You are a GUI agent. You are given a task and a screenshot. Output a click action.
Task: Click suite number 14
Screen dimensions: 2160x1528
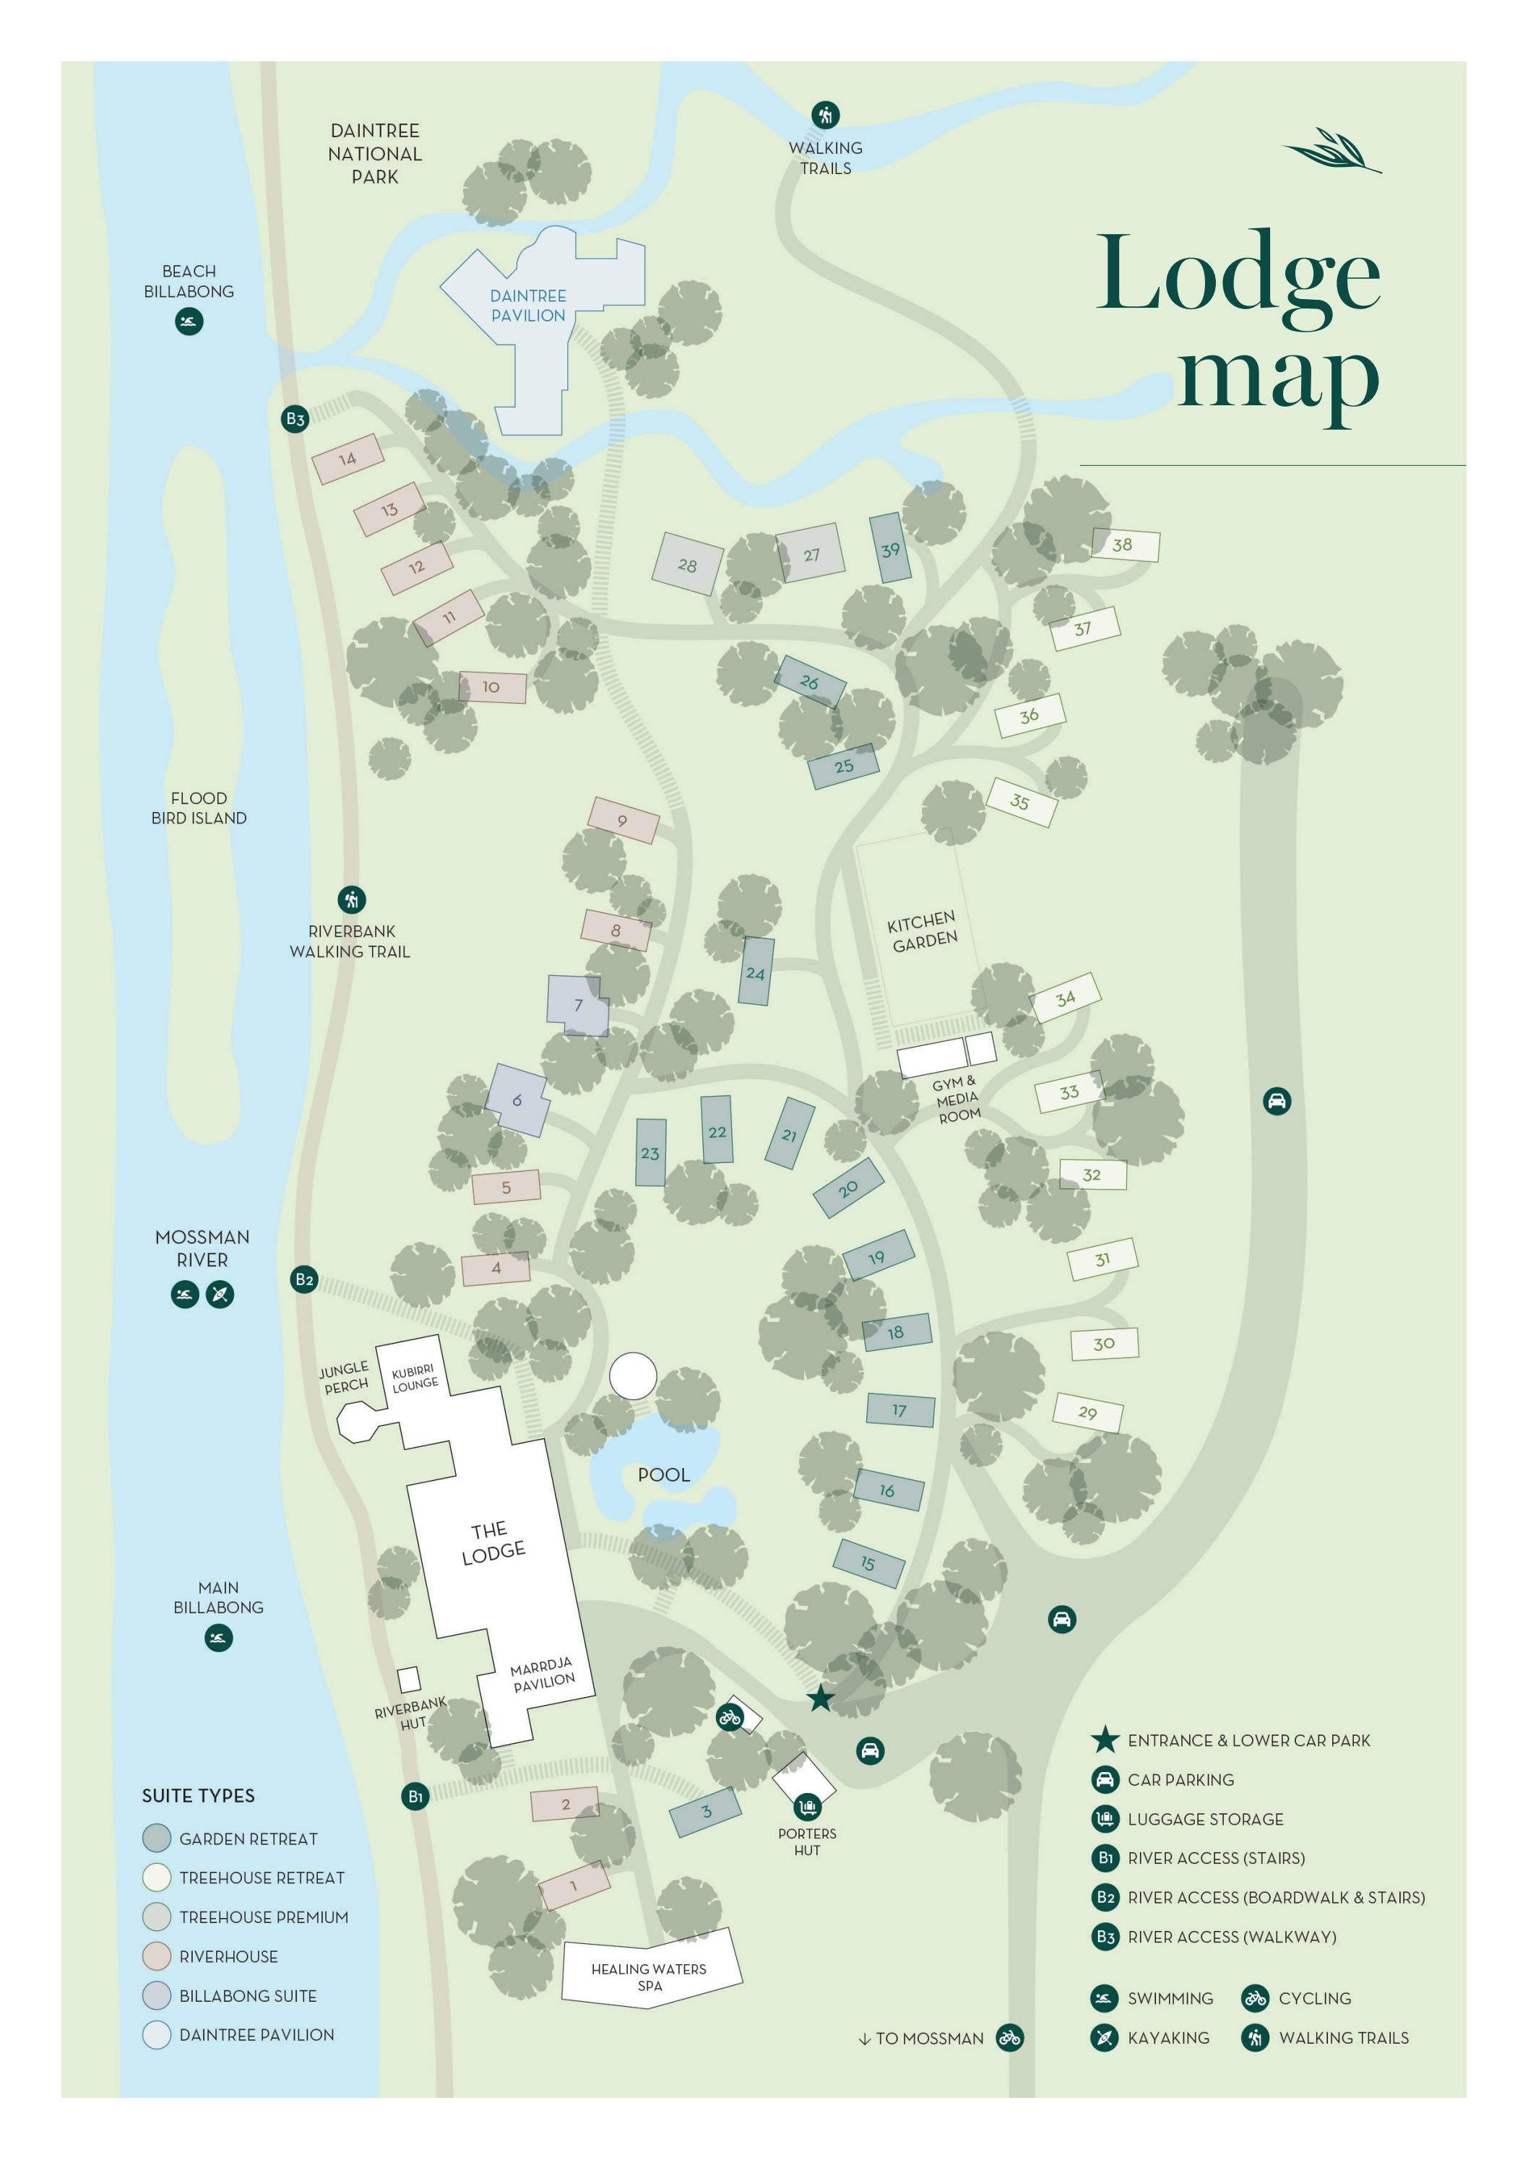point(348,459)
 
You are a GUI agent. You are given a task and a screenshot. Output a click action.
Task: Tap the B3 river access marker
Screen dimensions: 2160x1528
point(295,419)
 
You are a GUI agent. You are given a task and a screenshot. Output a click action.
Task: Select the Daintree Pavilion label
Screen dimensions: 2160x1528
point(528,306)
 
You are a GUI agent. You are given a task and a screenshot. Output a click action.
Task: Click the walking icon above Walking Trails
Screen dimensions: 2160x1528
point(825,115)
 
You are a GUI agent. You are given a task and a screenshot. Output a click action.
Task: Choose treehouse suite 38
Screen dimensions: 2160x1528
point(1123,545)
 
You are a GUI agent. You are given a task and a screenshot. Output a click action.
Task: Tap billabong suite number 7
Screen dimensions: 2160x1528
point(578,1005)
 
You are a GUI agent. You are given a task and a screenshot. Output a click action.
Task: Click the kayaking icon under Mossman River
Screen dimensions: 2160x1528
point(220,1295)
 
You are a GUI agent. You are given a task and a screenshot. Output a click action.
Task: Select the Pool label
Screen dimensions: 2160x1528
point(663,1474)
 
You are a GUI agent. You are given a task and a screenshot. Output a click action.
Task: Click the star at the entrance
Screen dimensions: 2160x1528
point(821,1698)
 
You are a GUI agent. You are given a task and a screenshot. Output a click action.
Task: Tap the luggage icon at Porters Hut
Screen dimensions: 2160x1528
point(807,1807)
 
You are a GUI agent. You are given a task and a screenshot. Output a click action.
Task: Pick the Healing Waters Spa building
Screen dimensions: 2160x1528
point(649,1976)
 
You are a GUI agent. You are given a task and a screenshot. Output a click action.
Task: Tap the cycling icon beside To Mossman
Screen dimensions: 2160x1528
point(1009,2038)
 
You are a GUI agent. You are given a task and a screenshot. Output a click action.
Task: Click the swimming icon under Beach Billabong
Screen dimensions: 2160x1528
point(189,321)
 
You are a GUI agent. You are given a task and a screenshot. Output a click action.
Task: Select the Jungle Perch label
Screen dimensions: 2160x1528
point(345,1378)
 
